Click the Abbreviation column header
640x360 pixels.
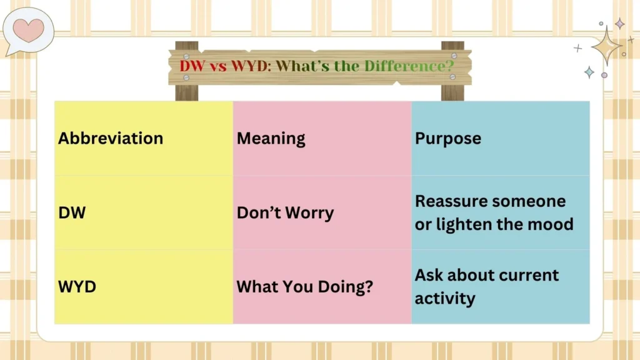tap(111, 138)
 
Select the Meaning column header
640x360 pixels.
tap(271, 138)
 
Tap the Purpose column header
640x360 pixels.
tap(448, 138)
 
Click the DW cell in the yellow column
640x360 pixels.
tap(72, 212)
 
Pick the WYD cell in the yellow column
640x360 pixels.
tap(77, 287)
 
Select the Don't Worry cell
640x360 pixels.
tap(285, 212)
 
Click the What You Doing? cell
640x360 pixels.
tap(304, 287)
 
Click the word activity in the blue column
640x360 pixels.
tap(444, 298)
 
